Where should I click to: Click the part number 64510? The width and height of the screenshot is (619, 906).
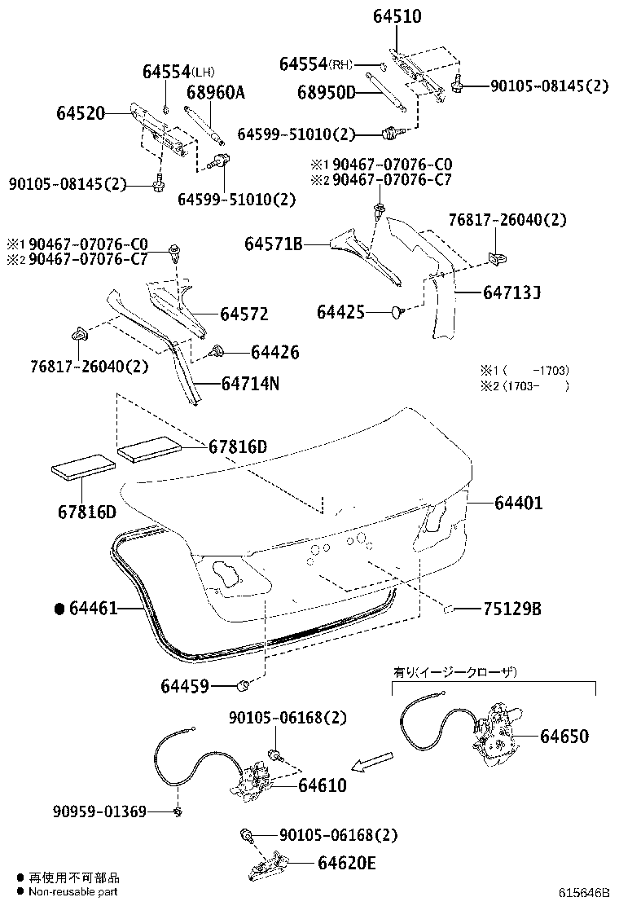tap(397, 15)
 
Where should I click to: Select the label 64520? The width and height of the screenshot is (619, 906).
tap(81, 112)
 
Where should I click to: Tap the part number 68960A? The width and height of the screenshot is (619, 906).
tap(215, 92)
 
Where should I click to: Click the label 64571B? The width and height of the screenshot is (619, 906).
tap(274, 243)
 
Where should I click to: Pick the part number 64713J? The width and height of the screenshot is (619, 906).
tap(511, 290)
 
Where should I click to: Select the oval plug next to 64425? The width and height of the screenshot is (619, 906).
tap(397, 310)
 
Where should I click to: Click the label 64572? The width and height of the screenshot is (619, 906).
tap(244, 314)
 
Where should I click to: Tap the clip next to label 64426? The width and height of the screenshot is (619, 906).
tap(217, 352)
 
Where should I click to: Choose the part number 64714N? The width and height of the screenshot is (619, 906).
tap(249, 382)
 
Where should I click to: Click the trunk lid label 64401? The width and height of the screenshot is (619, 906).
tap(518, 504)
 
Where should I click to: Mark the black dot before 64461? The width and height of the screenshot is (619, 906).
tap(59, 608)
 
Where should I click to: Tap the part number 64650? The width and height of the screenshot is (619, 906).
tap(564, 736)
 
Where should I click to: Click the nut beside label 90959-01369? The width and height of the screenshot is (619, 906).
tap(177, 811)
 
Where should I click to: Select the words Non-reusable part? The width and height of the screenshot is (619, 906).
tap(73, 892)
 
